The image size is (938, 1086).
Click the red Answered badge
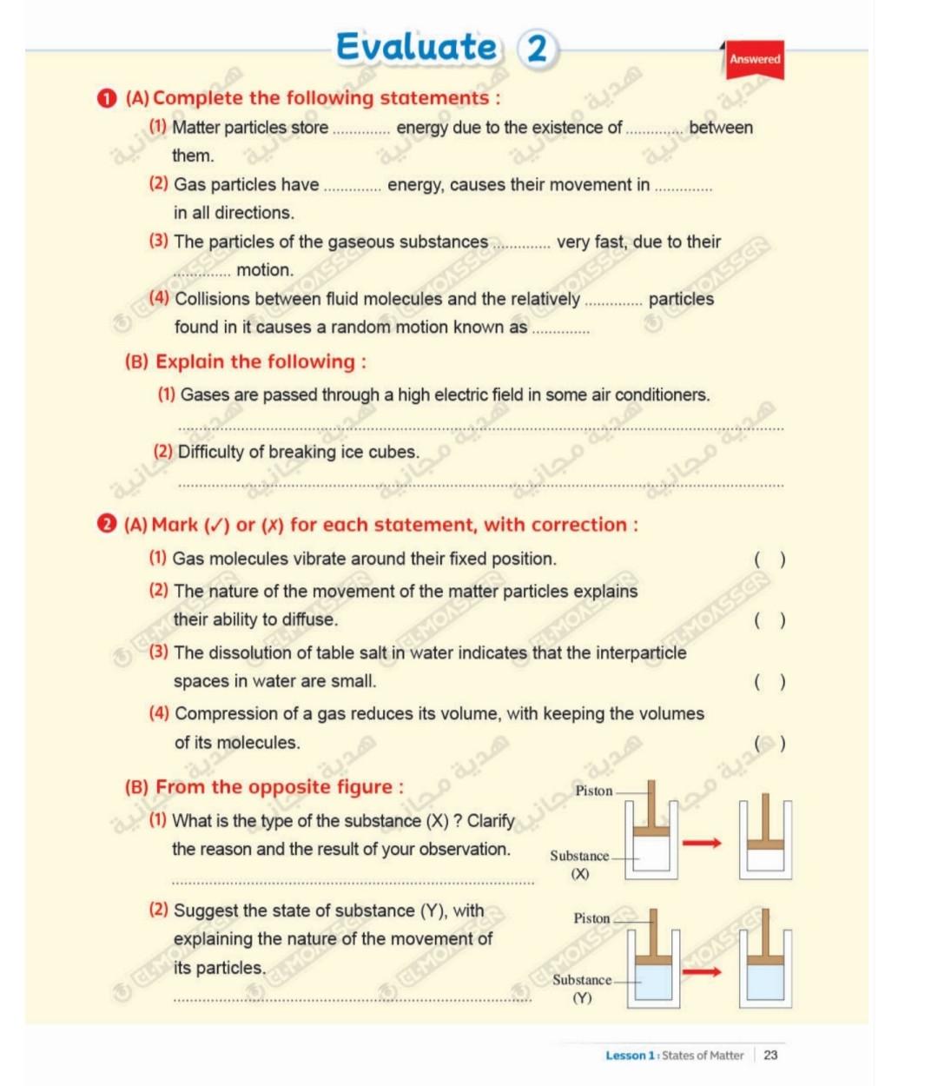pos(754,59)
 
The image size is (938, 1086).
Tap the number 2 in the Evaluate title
pos(537,48)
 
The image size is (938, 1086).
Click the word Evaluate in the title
pos(417,47)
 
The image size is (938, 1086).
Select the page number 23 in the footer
pos(770,1055)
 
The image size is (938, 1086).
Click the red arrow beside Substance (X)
pos(702,843)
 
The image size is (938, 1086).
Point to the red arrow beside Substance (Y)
pos(702,970)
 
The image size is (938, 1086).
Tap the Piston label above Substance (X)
pos(594,791)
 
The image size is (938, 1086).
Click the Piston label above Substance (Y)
pos(591,917)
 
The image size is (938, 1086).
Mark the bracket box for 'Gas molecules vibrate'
pos(770,560)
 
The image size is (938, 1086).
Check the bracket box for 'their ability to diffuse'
pos(770,620)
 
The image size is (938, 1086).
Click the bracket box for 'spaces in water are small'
pos(770,682)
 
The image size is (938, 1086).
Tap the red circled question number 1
pos(106,98)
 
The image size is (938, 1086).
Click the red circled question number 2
pos(106,524)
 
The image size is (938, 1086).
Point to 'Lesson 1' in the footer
pos(630,1055)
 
